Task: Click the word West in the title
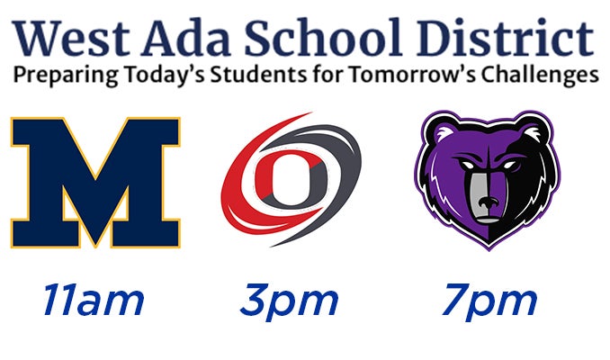point(70,38)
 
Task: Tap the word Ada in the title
point(187,38)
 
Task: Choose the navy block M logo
point(95,182)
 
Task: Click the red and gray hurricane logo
point(291,180)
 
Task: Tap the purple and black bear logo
point(488,180)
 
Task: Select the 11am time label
point(94,300)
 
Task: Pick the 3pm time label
point(290,302)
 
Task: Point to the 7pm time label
point(489,302)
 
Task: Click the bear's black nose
point(488,202)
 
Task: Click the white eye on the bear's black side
point(509,165)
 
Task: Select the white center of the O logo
point(291,180)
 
